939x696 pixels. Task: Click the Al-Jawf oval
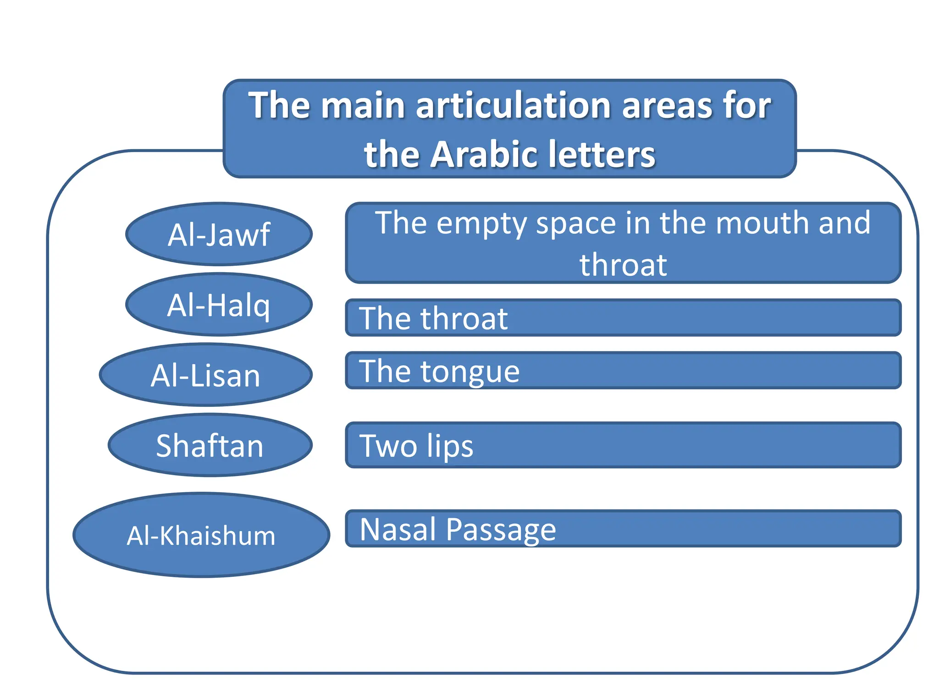coord(219,234)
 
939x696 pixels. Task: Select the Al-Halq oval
coord(219,305)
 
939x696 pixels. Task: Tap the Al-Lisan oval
coord(206,375)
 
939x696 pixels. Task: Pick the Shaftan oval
coord(210,445)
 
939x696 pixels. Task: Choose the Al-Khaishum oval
coord(201,535)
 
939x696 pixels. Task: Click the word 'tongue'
coord(470,372)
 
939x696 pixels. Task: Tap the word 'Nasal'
coord(398,529)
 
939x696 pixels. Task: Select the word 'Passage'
coord(501,530)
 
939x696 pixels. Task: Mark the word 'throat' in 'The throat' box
coord(464,318)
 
